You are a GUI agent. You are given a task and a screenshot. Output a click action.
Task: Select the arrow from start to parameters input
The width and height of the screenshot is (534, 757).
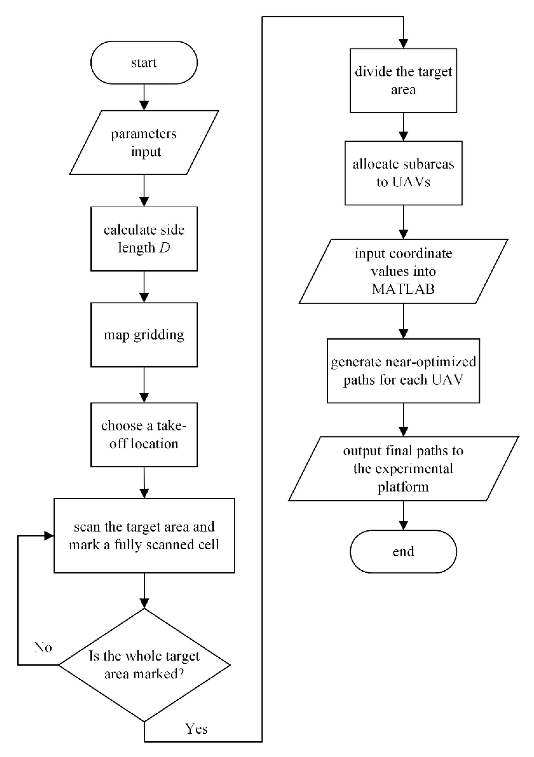click(x=144, y=97)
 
